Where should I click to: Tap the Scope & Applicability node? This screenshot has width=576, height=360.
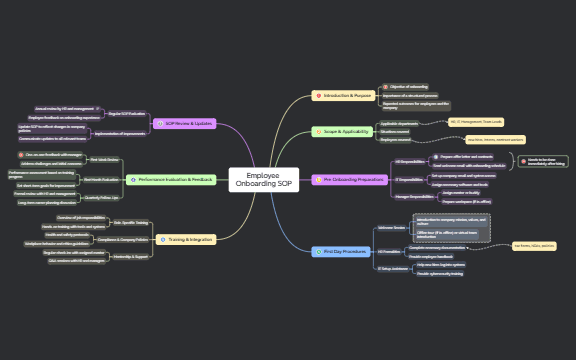tap(341, 131)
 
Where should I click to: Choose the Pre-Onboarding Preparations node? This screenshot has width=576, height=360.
tap(350, 179)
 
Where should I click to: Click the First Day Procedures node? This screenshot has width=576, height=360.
tap(341, 251)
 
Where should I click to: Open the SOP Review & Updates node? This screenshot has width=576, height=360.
tap(186, 123)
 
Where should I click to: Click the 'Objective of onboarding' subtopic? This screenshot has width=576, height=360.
tap(410, 87)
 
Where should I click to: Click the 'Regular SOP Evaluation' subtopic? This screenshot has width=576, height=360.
tap(125, 114)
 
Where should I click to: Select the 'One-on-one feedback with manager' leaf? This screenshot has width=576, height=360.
tap(50, 155)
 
